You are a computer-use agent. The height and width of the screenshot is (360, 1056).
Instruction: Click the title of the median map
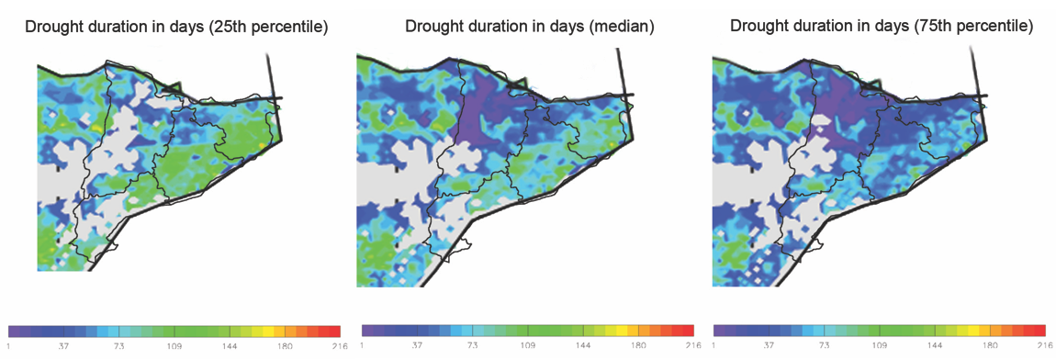tap(529, 28)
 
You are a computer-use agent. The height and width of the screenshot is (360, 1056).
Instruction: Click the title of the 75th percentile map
tap(881, 28)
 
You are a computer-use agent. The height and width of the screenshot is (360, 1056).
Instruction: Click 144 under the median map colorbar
tap(583, 346)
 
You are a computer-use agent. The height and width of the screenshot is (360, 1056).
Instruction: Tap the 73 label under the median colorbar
tap(473, 346)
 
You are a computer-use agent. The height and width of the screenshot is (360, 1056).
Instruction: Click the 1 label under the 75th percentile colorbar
tap(713, 346)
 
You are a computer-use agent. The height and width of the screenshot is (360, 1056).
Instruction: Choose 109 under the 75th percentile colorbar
tap(880, 346)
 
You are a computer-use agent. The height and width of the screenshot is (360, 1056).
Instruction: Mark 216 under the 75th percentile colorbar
tap(1044, 346)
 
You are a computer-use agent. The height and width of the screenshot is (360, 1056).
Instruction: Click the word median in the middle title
tap(623, 28)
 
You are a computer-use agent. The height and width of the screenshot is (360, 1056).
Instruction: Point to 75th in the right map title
tap(938, 28)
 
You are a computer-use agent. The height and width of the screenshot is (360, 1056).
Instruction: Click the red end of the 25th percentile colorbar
tap(334, 331)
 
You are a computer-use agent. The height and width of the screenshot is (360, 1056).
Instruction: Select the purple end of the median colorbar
tap(367, 331)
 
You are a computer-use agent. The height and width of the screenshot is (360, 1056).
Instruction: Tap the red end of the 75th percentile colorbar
tap(1040, 331)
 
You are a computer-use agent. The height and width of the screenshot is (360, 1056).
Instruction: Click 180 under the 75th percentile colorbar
tap(990, 346)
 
